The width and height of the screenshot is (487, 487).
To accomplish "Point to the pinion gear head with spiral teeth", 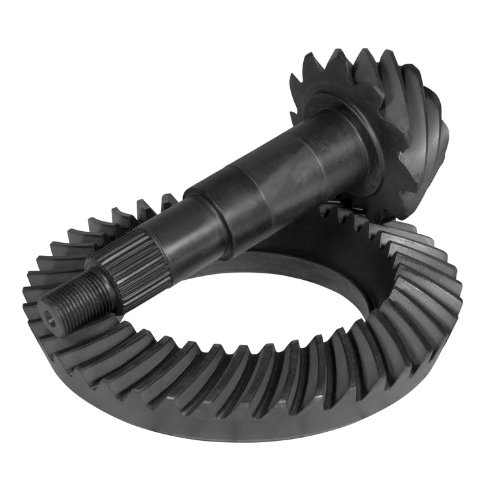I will click(x=383, y=130).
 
